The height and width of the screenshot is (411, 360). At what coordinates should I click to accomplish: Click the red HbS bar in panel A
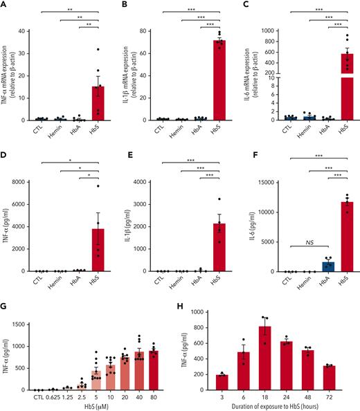pyautogui.click(x=98, y=103)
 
